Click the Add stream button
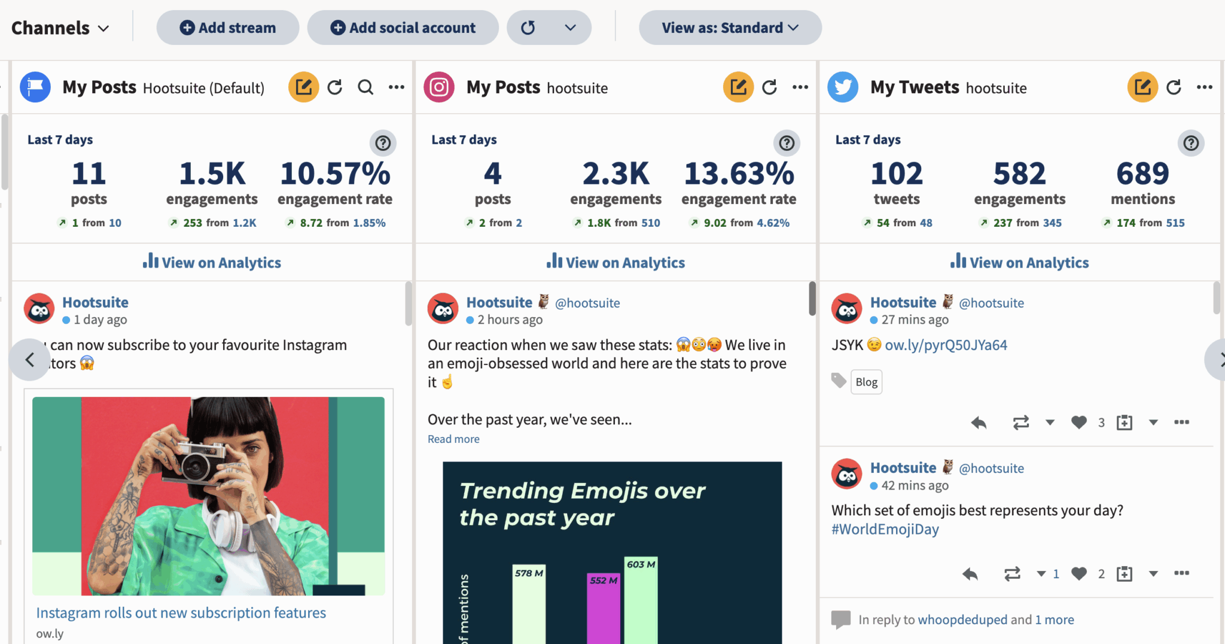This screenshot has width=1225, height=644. [228, 28]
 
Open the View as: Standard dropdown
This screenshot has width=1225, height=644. [730, 28]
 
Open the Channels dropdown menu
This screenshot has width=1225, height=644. [60, 28]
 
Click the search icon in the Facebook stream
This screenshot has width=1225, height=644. [365, 87]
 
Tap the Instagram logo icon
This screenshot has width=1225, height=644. [439, 87]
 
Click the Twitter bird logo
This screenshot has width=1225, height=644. [843, 87]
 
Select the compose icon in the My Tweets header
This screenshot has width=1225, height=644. [1142, 87]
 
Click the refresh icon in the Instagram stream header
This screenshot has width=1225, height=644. [770, 87]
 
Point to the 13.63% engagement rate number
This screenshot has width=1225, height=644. [739, 174]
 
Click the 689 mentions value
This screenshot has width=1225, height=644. [1142, 174]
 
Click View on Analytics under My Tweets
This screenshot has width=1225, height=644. [1020, 262]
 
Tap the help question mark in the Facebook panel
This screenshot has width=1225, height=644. [383, 143]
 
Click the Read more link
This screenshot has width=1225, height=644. [453, 439]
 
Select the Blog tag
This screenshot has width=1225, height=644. [866, 382]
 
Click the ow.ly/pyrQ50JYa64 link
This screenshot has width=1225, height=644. [946, 345]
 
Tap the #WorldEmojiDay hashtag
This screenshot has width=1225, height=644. [885, 529]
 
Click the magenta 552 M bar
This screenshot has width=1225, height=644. [603, 610]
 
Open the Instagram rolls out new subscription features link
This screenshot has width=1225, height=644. [181, 612]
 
